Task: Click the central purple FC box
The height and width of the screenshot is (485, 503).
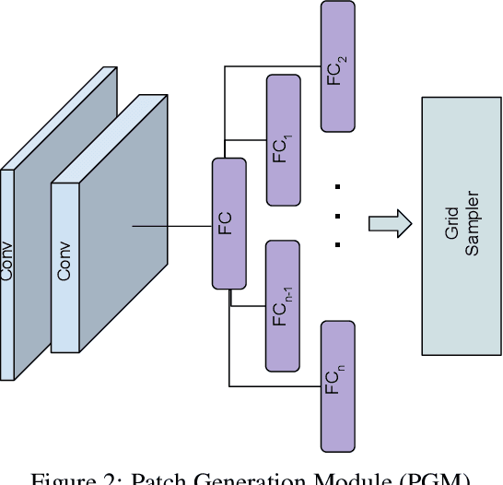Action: (x=229, y=222)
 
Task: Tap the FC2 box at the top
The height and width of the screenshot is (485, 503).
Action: (x=337, y=65)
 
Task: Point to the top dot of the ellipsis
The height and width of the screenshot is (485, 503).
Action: (x=338, y=186)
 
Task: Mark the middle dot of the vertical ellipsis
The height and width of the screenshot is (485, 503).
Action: (x=338, y=216)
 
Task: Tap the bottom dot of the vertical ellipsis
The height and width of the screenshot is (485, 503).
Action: (x=338, y=245)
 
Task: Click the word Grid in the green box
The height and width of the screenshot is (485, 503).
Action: (x=452, y=227)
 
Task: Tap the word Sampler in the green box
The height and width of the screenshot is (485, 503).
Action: (x=473, y=227)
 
